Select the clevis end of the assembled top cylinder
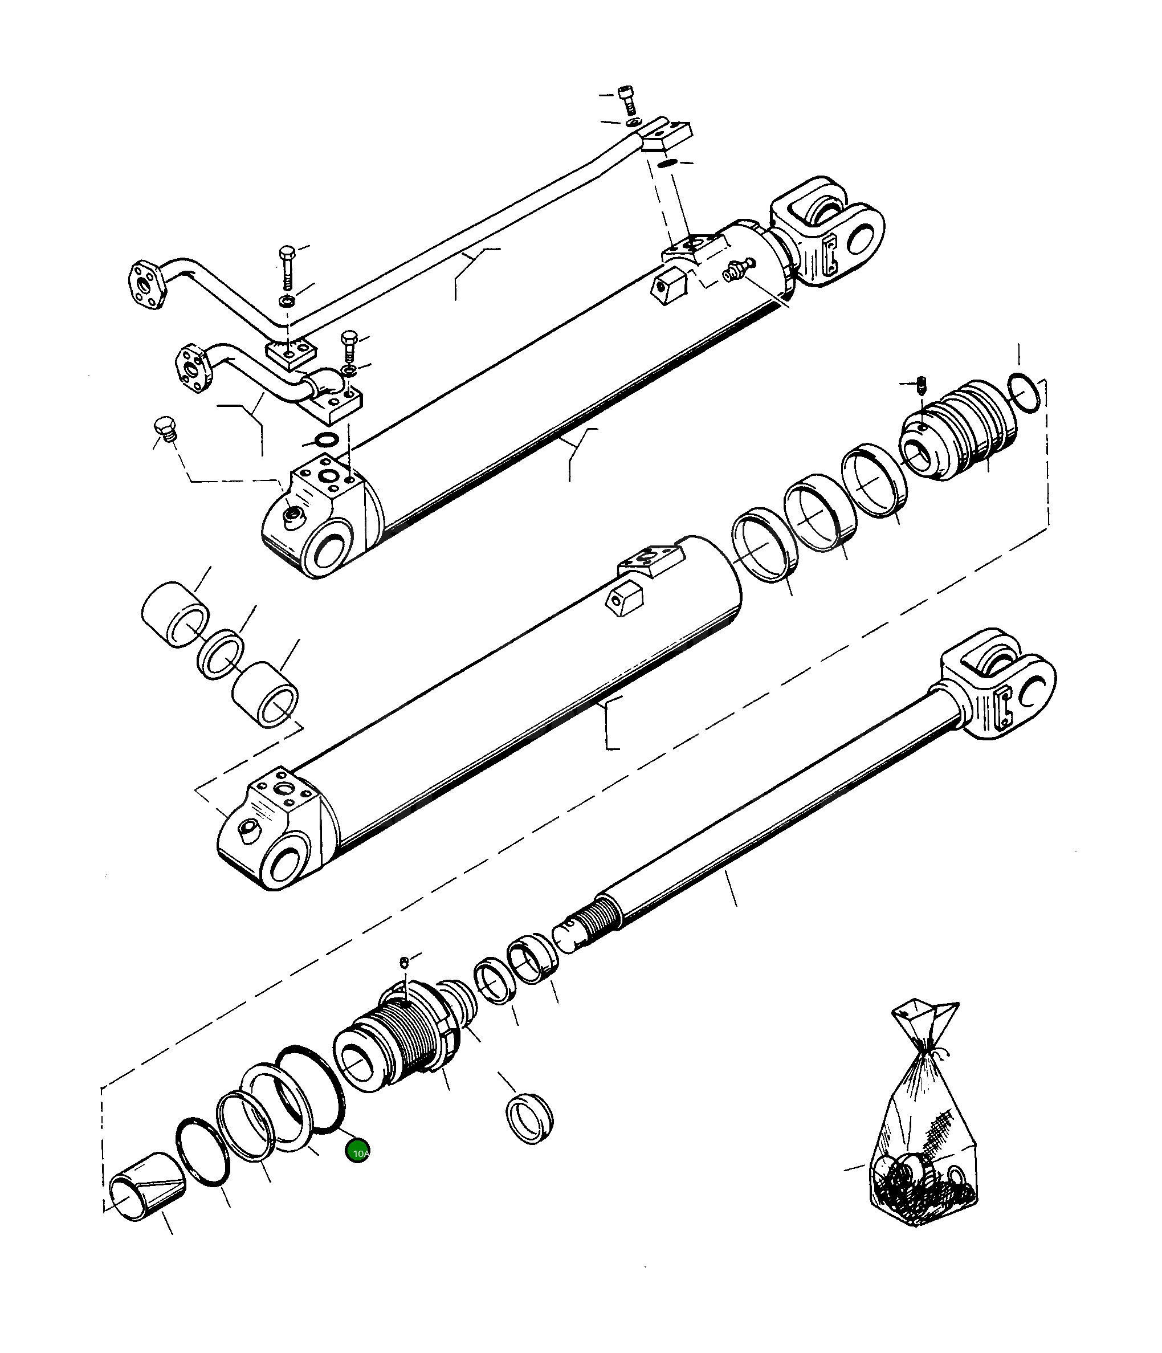pos(826,238)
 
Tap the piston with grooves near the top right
pos(956,431)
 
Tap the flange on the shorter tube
pos(193,369)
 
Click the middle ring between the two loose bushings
pos(221,654)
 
